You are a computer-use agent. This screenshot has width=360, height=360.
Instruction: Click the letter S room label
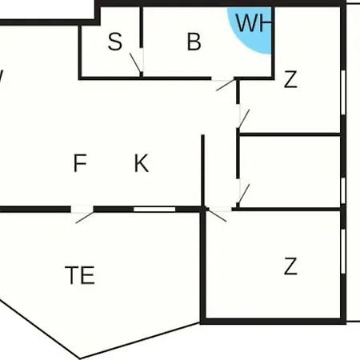[x=115, y=42]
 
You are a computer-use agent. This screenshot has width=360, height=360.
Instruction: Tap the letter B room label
[x=194, y=42]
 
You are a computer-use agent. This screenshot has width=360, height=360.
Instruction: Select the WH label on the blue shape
[x=254, y=23]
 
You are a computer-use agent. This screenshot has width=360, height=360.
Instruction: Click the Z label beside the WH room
[x=290, y=79]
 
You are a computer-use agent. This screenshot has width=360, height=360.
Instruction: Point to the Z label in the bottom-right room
[x=290, y=266]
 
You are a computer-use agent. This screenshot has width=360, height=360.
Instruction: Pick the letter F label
[x=80, y=163]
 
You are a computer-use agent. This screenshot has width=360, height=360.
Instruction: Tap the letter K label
[x=142, y=163]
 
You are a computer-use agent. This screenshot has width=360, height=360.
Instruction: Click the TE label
[x=80, y=275]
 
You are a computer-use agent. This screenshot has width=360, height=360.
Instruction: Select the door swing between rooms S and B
[x=136, y=63]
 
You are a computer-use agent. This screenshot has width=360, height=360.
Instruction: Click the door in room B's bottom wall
[x=225, y=85]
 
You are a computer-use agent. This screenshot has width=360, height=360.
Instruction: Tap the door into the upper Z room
[x=243, y=119]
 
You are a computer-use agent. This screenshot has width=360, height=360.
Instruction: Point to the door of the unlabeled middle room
[x=243, y=194]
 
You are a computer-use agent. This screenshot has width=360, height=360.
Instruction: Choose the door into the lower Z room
[x=217, y=215]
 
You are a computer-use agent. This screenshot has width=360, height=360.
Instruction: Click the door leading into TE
[x=84, y=217]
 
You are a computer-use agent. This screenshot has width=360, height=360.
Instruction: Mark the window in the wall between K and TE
[x=154, y=210]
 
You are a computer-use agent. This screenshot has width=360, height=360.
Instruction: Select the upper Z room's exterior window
[x=343, y=93]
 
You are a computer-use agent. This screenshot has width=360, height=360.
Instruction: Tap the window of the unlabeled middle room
[x=343, y=190]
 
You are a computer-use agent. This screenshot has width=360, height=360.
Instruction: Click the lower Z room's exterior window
[x=343, y=250]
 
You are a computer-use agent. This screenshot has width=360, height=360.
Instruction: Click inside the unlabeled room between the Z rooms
[x=290, y=172]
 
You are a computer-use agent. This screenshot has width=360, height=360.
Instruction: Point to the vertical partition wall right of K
[x=202, y=170]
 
